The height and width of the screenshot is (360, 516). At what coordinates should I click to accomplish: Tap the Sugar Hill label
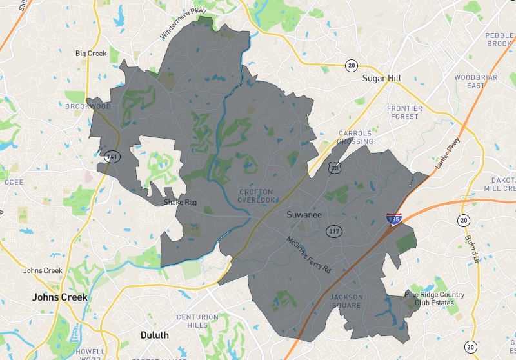382,78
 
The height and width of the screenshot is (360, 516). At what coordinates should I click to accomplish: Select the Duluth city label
154,335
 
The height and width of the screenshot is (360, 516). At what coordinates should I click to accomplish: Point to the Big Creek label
90,54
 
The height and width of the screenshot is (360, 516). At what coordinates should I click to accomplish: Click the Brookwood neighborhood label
88,106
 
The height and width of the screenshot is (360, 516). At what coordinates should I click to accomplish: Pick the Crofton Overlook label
256,196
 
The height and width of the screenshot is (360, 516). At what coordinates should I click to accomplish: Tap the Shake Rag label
179,202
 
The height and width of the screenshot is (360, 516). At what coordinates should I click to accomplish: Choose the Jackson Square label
346,301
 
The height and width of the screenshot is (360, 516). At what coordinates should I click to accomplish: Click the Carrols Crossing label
355,137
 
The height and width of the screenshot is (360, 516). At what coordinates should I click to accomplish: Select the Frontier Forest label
404,112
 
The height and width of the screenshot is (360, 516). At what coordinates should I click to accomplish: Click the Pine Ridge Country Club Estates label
429,299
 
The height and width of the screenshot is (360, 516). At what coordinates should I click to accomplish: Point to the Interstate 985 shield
393,219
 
